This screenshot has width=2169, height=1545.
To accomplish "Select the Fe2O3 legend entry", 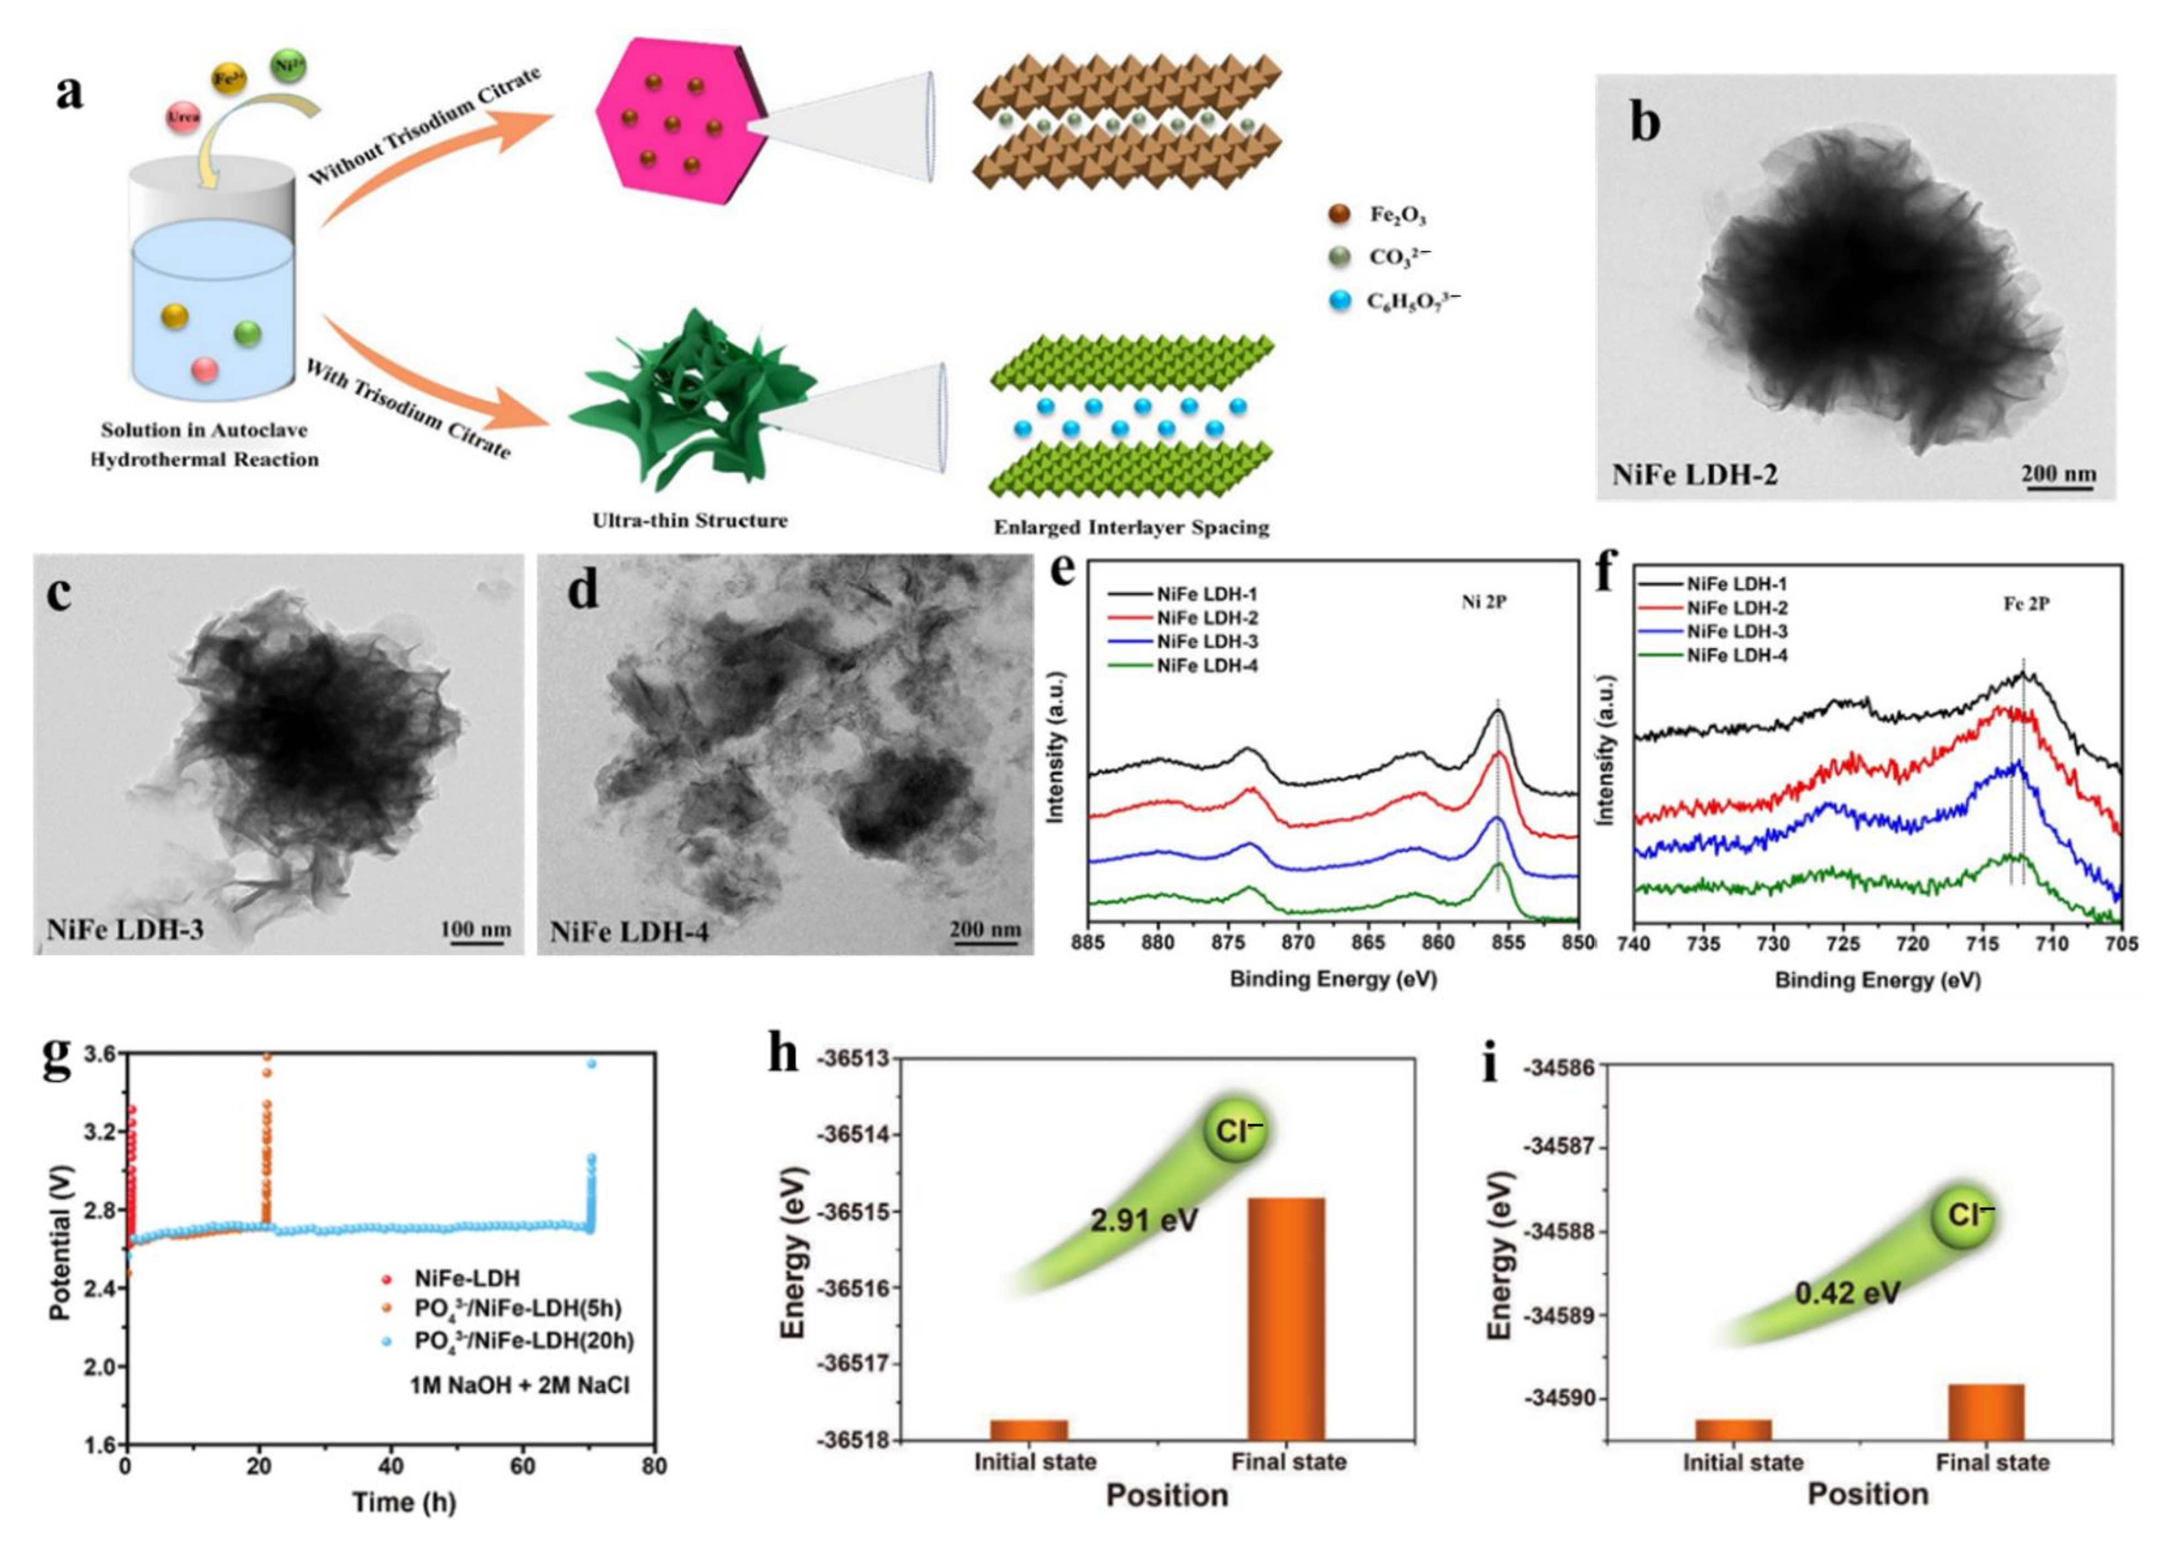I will point(1398,215).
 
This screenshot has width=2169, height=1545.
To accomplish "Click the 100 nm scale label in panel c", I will point(476,929).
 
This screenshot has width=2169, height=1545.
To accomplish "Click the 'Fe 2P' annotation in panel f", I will point(2026,603).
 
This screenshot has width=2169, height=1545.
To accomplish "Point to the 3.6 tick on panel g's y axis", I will point(99,1054).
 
